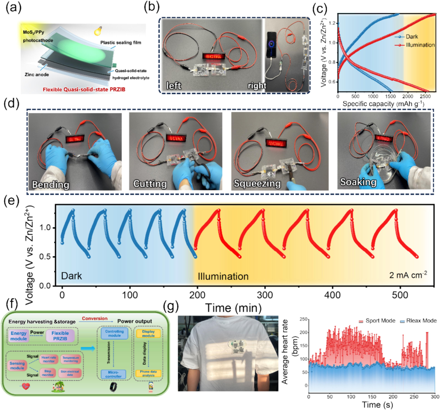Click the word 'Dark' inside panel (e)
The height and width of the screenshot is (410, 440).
(x=72, y=274)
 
